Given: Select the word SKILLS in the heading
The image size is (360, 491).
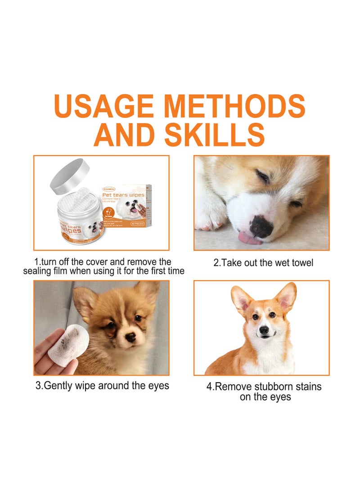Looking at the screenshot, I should [214, 134].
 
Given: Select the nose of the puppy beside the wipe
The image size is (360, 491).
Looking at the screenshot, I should [130, 336].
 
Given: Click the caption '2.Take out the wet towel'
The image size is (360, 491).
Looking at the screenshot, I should [263, 262].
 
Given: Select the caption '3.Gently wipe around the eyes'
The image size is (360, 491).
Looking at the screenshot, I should [102, 386].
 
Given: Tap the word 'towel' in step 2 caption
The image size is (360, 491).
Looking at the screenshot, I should [301, 262].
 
